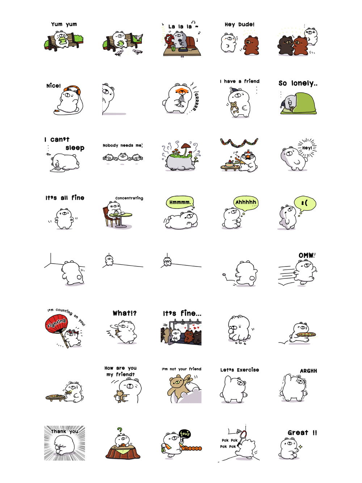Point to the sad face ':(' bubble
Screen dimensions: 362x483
click(305, 203)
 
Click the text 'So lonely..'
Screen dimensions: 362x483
click(298, 83)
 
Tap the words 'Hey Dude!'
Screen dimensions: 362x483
click(240, 24)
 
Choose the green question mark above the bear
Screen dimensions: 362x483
click(119, 430)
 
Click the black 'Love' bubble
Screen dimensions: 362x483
click(185, 434)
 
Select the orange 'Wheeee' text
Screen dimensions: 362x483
click(191, 448)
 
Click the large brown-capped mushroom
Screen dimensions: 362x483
click(186, 147)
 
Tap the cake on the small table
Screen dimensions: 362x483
click(229, 164)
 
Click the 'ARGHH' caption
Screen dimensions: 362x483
click(308, 371)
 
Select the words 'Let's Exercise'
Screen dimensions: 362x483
click(240, 370)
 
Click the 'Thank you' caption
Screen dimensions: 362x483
click(64, 431)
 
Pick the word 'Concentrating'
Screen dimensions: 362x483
click(129, 198)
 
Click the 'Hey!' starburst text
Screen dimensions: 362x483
click(307, 148)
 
